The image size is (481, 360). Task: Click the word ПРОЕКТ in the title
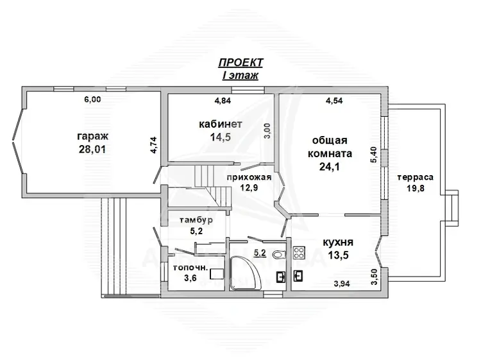tap(240, 63)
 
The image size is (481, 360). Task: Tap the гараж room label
tap(92, 136)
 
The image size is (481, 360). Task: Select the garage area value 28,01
tap(92, 149)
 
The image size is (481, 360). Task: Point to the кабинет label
tap(221, 124)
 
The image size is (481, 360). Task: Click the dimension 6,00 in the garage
tap(92, 99)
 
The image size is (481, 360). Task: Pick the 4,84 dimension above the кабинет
tap(223, 100)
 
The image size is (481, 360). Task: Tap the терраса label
tap(416, 177)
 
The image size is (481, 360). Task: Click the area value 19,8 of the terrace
tap(416, 188)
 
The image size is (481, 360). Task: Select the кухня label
tap(338, 243)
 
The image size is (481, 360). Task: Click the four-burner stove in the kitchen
tap(298, 253)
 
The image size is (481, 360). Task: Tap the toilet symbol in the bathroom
tap(279, 254)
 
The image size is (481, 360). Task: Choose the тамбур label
tap(196, 220)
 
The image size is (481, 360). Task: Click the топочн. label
tap(190, 268)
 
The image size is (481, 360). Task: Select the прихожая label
tap(249, 177)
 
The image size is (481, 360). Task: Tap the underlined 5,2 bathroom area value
tap(260, 253)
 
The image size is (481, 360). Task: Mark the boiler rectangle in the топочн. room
tap(217, 274)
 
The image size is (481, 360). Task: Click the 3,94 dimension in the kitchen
tap(342, 284)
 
